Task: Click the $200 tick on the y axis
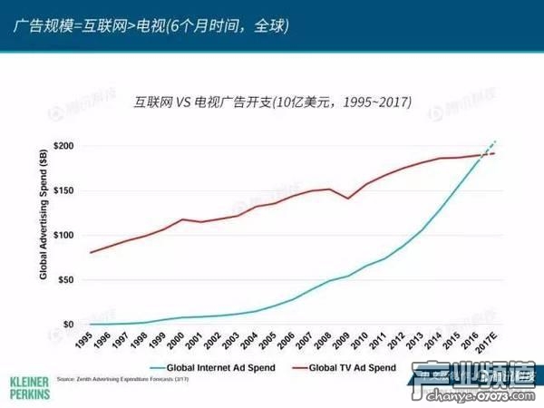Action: tap(64, 146)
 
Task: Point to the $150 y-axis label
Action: tap(64, 190)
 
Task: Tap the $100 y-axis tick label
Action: tap(64, 235)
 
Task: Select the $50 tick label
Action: tap(66, 279)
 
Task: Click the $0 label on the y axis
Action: tap(69, 324)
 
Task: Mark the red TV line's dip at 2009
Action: tap(348, 198)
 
